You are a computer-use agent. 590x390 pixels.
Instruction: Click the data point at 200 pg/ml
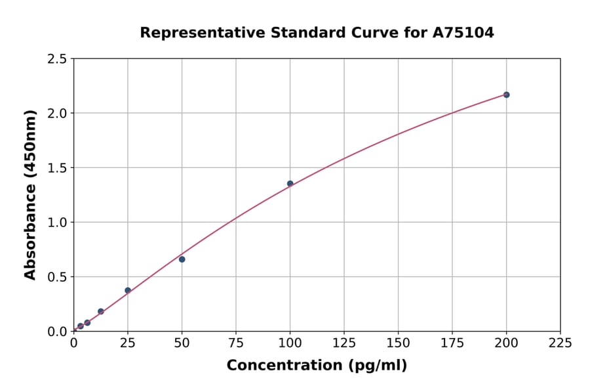pos(506,95)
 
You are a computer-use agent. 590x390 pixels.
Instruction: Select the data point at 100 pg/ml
pos(290,184)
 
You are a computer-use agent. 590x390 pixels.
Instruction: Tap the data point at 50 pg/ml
pos(182,259)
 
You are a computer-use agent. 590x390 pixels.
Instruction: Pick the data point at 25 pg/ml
pos(128,290)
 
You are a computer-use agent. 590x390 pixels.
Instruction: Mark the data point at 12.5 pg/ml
pos(101,311)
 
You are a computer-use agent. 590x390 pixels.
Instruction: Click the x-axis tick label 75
pos(236,343)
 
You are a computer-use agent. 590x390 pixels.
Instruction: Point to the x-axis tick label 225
pos(560,343)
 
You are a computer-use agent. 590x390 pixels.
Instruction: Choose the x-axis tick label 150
pos(398,343)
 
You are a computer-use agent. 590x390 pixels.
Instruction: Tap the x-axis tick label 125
pos(344,343)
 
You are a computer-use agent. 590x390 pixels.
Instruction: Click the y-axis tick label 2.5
pos(57,59)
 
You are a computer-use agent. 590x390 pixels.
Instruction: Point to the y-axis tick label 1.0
pos(57,223)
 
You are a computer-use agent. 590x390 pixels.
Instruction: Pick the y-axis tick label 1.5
pos(57,168)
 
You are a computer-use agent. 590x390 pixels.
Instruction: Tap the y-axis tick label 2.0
pos(57,114)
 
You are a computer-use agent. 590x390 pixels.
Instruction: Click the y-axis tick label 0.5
pos(57,277)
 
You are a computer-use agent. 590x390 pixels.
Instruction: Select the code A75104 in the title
pos(464,32)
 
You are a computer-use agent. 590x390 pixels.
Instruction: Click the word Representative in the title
pos(193,32)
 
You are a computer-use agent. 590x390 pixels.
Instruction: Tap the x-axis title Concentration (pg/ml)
pos(317,366)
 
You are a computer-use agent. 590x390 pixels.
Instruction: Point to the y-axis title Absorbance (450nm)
pos(30,194)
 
